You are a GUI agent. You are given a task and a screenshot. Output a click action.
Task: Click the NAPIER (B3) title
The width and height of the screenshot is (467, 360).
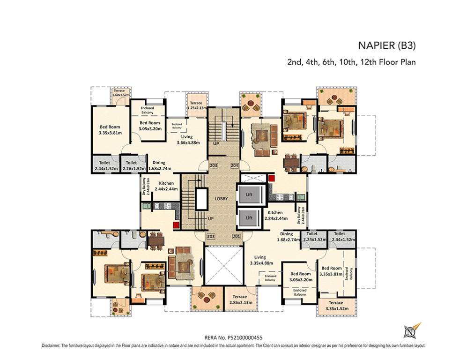click(x=387, y=46)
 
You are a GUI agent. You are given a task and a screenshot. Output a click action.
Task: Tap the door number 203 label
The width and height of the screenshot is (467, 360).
click(x=214, y=165)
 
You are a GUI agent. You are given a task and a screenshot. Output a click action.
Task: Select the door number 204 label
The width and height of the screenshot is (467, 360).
click(x=235, y=165)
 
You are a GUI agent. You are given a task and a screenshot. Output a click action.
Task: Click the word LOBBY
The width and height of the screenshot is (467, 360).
click(x=221, y=199)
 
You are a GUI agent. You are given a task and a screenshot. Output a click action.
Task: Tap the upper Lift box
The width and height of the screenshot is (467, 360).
click(x=250, y=194)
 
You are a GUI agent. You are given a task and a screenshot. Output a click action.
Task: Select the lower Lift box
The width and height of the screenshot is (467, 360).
click(x=249, y=218)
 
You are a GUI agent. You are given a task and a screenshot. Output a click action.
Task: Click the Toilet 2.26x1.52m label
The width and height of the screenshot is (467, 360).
click(x=132, y=165)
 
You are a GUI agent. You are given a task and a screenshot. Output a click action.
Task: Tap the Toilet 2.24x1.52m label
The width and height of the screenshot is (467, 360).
click(x=312, y=236)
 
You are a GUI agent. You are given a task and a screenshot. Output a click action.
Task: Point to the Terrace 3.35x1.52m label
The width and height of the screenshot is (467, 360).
click(x=335, y=305)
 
